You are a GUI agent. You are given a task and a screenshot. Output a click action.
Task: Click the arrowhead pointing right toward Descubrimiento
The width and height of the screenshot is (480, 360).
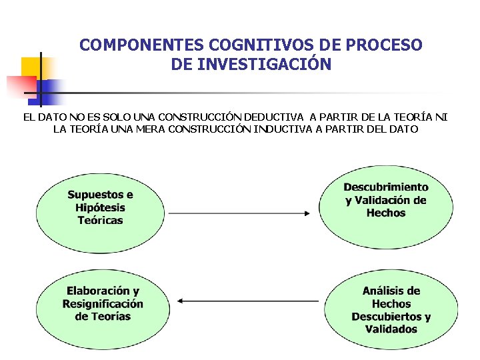click(307, 213)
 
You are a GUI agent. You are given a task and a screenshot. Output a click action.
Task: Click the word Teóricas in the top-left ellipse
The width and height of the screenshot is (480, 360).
click(100, 220)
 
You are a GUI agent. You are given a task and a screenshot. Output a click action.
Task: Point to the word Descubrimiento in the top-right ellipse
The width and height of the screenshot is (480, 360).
click(386, 187)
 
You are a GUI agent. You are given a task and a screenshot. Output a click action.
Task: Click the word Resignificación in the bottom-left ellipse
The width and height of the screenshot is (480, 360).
click(103, 303)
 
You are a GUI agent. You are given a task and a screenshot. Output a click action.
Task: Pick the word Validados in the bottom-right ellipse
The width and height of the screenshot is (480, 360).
click(391, 329)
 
